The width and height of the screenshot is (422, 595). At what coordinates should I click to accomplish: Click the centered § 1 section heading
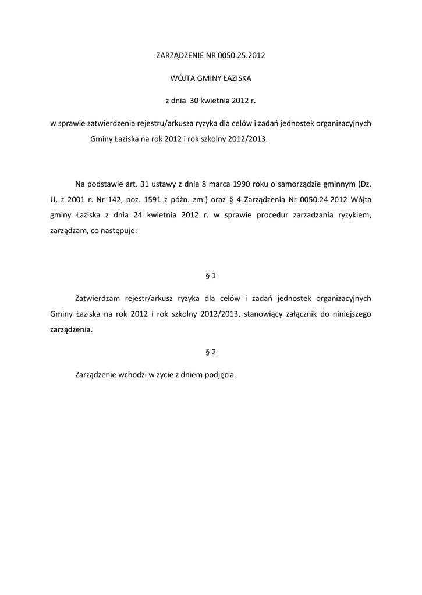[x=211, y=275]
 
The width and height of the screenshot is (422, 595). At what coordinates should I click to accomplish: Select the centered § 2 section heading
[x=211, y=352]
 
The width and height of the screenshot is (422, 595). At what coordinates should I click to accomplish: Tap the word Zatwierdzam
[x=97, y=299]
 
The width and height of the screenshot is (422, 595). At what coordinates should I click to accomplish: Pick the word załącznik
[x=306, y=314]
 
